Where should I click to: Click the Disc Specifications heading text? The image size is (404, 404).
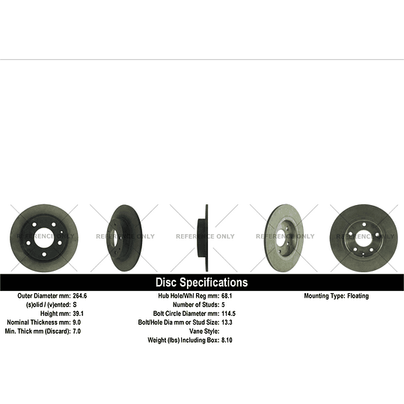click(x=201, y=282)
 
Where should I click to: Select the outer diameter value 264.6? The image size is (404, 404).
click(x=80, y=296)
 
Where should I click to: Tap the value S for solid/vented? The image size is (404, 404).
click(x=75, y=304)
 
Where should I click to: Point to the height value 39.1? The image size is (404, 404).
click(x=78, y=313)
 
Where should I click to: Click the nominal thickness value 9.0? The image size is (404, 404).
click(x=77, y=322)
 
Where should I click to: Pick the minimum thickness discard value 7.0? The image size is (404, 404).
click(x=77, y=331)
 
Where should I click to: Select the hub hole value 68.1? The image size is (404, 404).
click(x=227, y=296)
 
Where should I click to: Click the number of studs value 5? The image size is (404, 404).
click(x=223, y=304)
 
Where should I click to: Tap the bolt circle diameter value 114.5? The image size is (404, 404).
click(x=228, y=313)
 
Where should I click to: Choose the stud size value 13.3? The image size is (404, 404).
click(x=227, y=322)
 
